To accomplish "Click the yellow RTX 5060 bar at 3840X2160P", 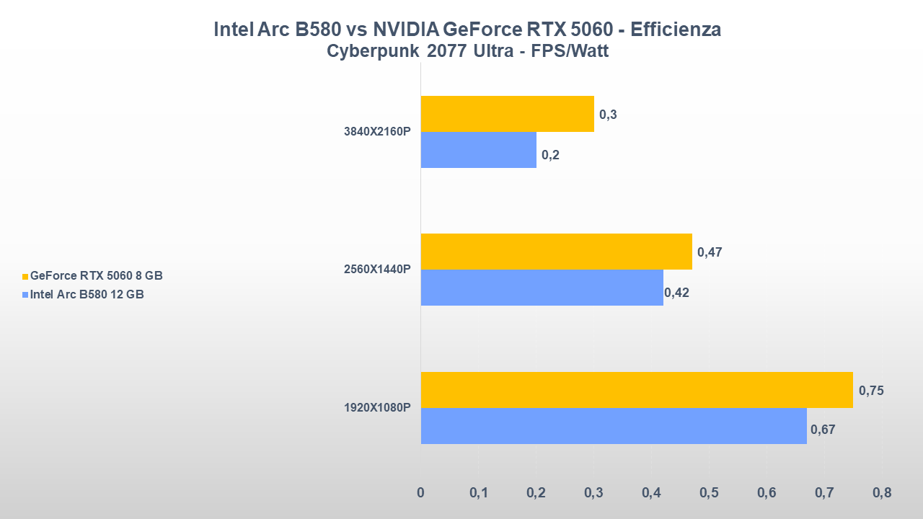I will [507, 114].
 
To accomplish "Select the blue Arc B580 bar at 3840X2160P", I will [478, 150].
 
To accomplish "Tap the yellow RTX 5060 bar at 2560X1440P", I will [556, 252].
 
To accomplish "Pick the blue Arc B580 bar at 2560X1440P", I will [542, 288].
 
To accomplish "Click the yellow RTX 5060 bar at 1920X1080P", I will [636, 390].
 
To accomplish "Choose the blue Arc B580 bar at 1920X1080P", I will [613, 426].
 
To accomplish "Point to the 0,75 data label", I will [871, 391].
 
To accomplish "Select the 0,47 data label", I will [710, 252].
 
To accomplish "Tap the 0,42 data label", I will [676, 292].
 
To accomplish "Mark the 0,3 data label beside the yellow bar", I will [608, 115].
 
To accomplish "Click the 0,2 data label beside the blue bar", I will [550, 154].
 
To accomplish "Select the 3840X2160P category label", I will [377, 132].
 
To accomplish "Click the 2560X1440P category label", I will [377, 270].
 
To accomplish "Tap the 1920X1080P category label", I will [377, 407].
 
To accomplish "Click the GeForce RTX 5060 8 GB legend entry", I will [96, 275].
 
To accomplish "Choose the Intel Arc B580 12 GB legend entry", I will [87, 294].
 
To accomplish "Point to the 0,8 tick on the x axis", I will [881, 493].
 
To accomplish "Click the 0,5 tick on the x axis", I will [709, 493].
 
